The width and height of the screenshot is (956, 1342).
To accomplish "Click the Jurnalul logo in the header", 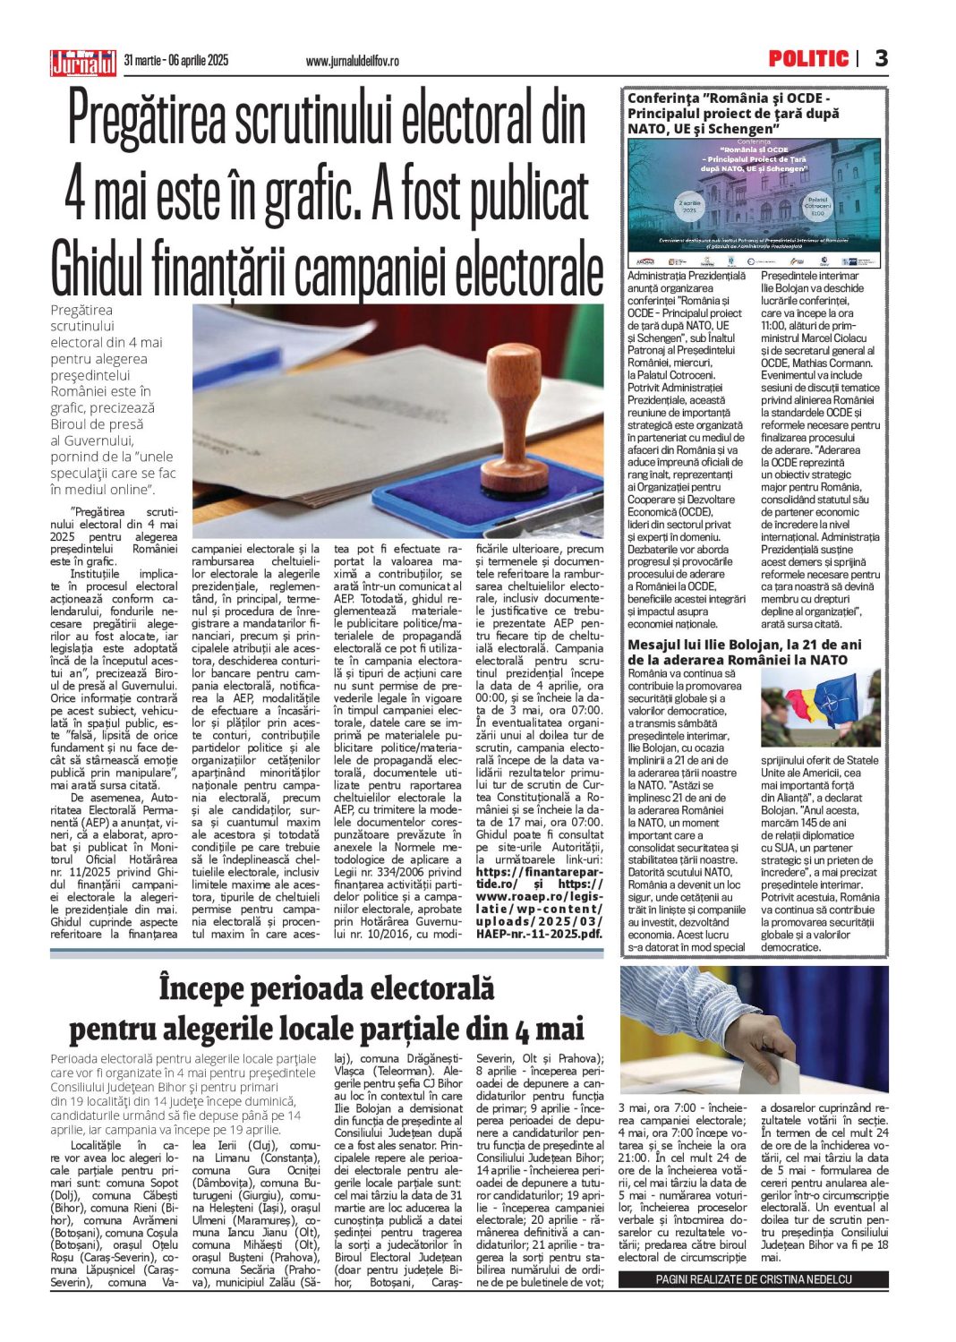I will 83,62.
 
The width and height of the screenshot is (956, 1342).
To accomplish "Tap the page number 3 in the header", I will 882,59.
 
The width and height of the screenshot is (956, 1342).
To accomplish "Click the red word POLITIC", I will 808,59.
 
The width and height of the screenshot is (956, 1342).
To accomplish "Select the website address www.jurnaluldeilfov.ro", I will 352,61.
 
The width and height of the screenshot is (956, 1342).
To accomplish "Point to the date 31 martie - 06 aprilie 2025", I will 176,60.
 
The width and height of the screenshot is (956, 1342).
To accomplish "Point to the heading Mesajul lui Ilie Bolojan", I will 745,645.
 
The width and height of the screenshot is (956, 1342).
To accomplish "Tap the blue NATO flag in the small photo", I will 841,698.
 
